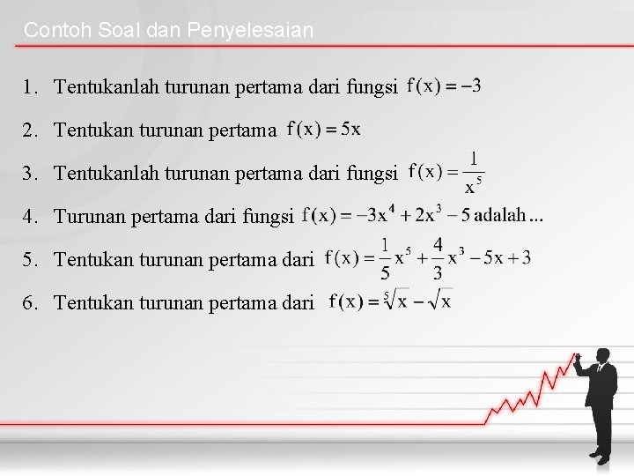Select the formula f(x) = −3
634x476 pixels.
[445, 86]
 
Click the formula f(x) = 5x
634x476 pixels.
[323, 130]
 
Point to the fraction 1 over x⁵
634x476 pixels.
[474, 173]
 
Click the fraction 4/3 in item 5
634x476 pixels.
[438, 258]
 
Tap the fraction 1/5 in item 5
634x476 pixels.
[385, 258]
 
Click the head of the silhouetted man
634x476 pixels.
[602, 355]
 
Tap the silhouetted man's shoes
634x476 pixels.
[599, 457]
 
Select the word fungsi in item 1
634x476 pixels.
[373, 87]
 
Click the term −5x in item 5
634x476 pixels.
[489, 258]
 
